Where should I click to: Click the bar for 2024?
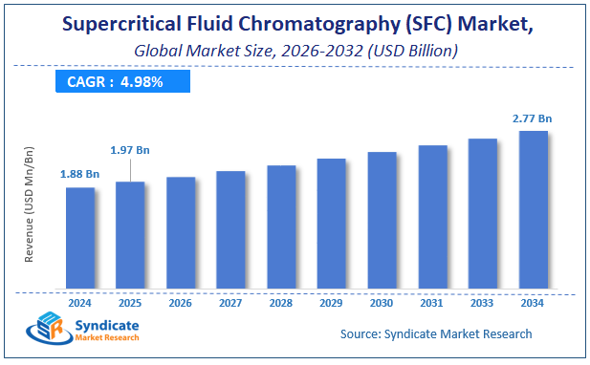pos(79,238)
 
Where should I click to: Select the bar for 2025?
pos(130,235)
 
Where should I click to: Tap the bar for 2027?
pos(230,229)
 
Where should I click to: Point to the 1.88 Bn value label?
pos(79,174)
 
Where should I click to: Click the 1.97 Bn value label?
pos(130,149)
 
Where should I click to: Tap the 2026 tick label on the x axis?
pos(180,303)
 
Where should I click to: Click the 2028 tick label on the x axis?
pos(280,303)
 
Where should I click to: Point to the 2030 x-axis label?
pos(382,303)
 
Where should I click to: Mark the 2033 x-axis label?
pos(483,303)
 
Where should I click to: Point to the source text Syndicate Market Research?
pos(436,333)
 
